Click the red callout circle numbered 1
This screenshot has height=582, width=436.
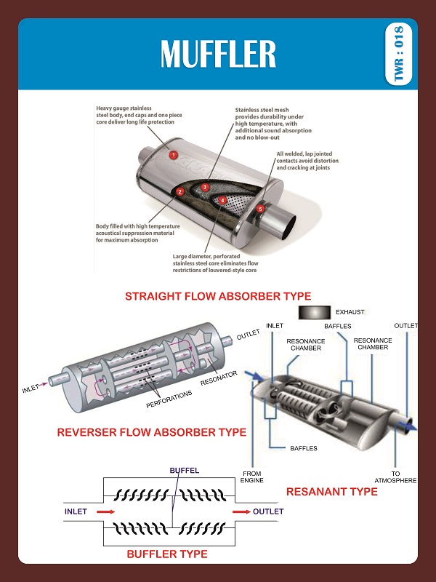pos(173,154)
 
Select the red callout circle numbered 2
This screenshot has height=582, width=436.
pos(179,192)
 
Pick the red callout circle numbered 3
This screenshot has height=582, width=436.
pos(206,187)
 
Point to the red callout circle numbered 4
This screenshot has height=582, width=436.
pos(223,200)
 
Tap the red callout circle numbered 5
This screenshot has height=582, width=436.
pos(261,209)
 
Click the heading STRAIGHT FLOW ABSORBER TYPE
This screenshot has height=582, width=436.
pos(218,296)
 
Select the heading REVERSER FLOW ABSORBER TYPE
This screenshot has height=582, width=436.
pos(152,432)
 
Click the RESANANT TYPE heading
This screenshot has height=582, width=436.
pos(332,492)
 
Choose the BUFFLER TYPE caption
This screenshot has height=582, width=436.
pos(167,554)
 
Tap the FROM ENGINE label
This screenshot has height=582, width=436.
pos(251,477)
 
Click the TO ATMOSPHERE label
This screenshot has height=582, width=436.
pos(395,477)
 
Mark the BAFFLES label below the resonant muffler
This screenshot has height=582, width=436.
pos(303,448)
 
